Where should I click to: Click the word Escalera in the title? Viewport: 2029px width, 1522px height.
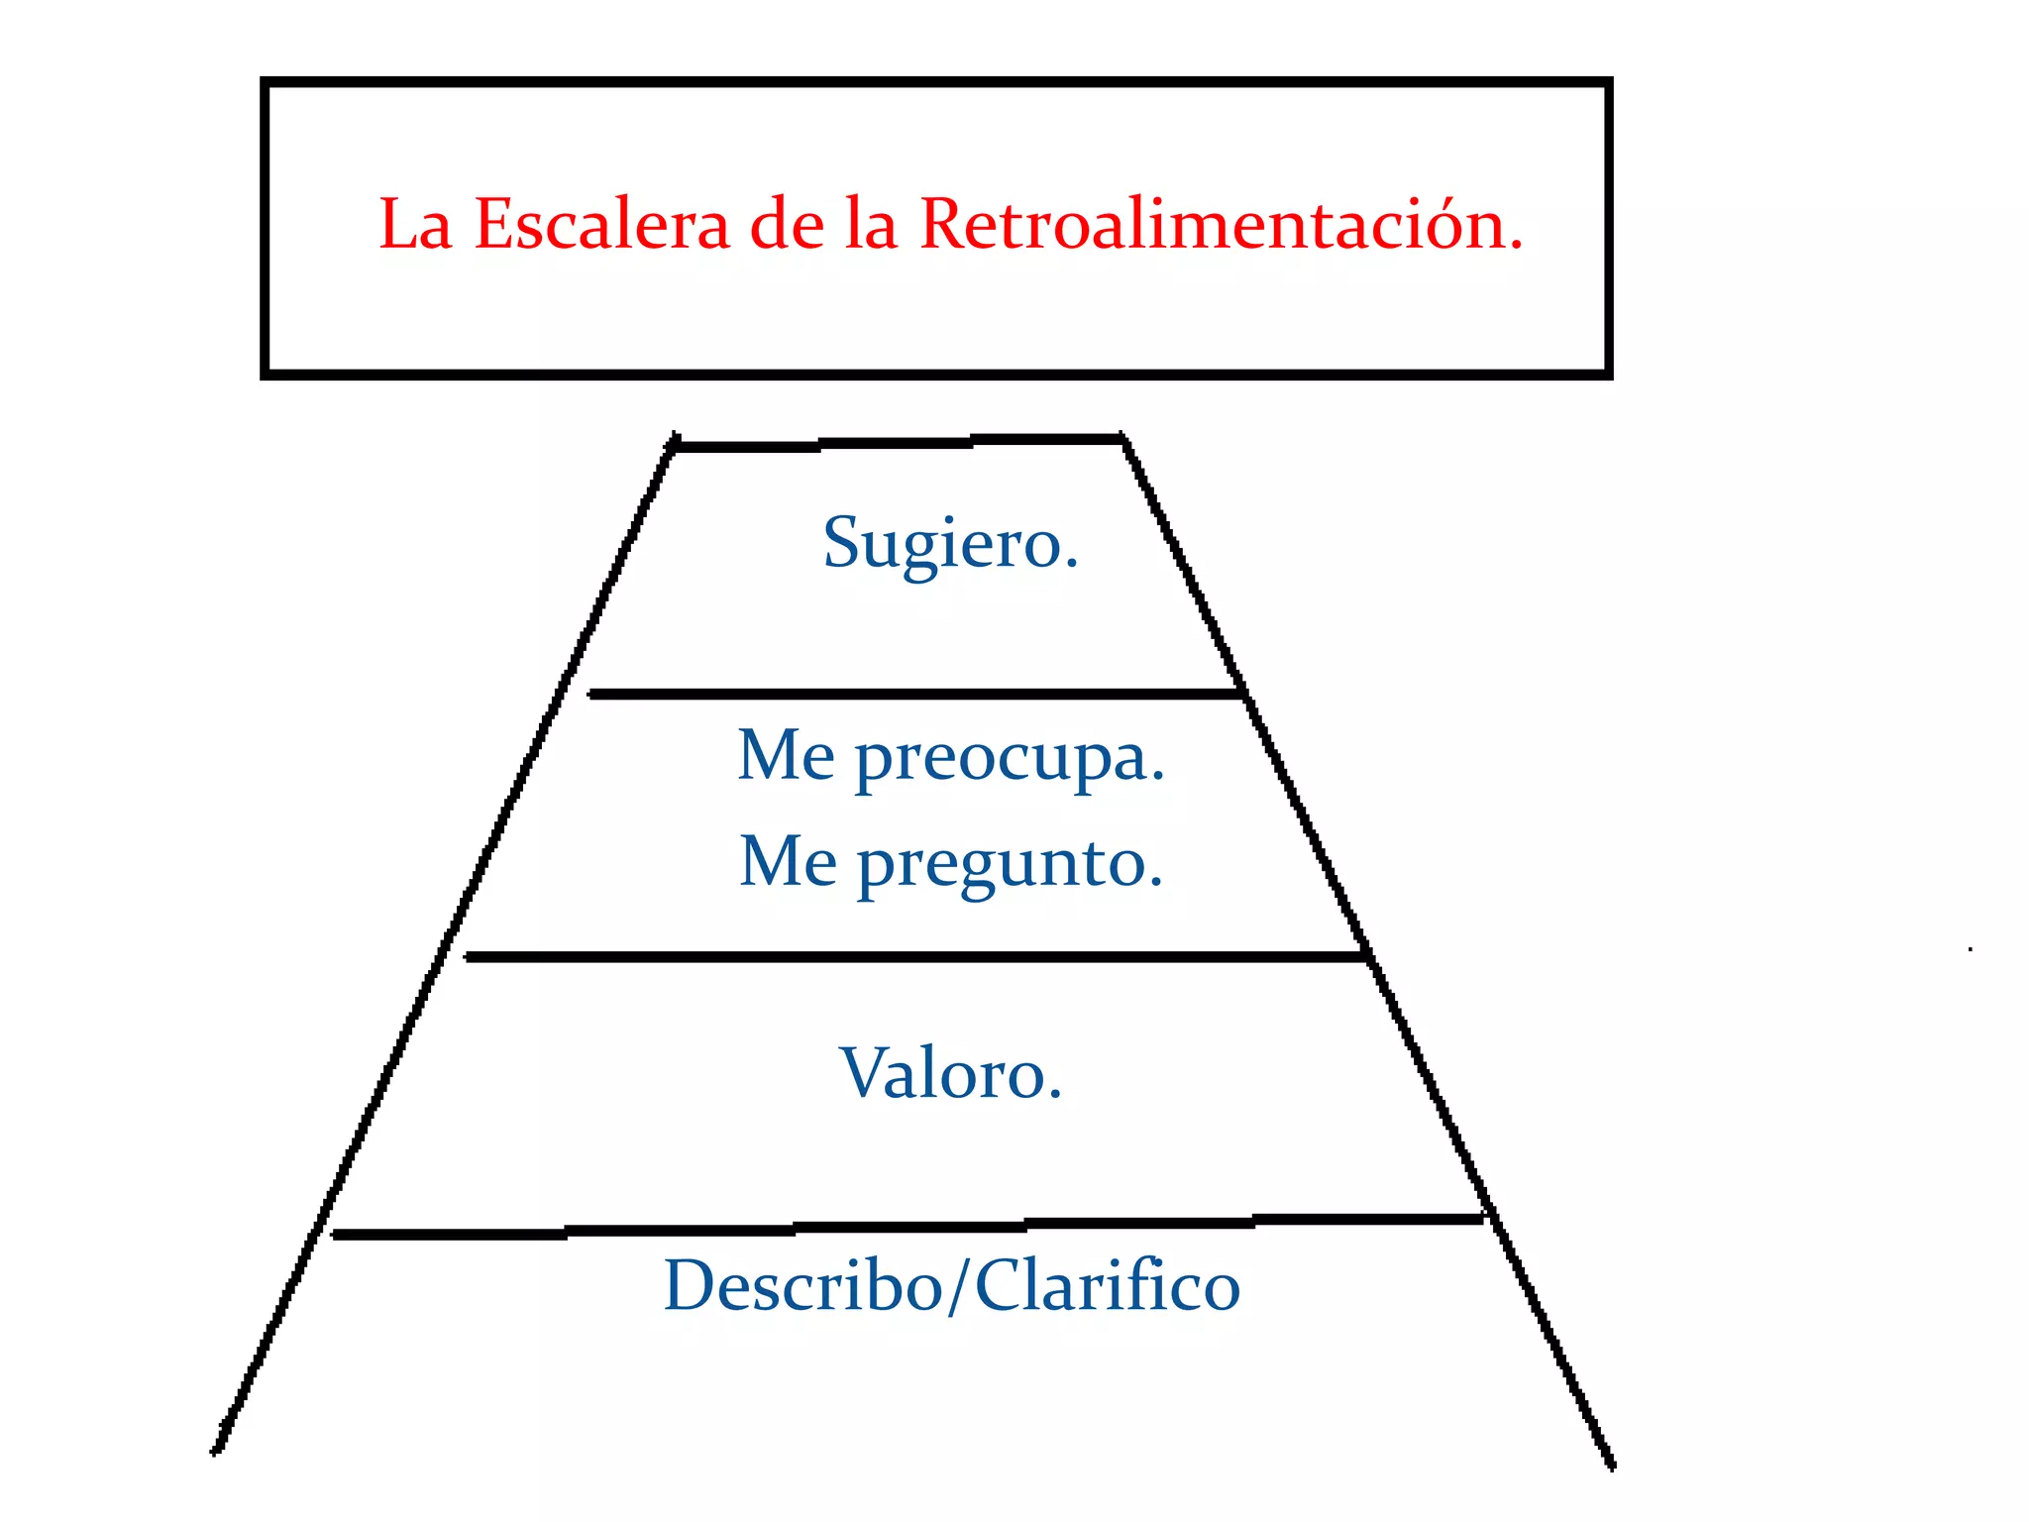pyautogui.click(x=601, y=224)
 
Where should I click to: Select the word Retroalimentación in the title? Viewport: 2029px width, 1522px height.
pyautogui.click(x=1221, y=224)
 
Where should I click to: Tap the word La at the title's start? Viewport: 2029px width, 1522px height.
pyautogui.click(x=415, y=225)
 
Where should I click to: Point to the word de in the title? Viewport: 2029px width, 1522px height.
pyautogui.click(x=787, y=224)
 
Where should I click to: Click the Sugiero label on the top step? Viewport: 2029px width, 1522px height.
pyautogui.click(x=950, y=543)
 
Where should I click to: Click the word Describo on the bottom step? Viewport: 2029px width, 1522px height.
pyautogui.click(x=802, y=1286)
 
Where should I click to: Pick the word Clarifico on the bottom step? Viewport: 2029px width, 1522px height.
pyautogui.click(x=1108, y=1286)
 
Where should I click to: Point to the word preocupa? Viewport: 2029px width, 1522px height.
pyautogui.click(x=1010, y=761)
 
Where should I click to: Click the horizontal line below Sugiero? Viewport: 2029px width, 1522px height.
pyautogui.click(x=916, y=695)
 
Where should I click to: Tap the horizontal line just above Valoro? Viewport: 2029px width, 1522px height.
pyautogui.click(x=916, y=957)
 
